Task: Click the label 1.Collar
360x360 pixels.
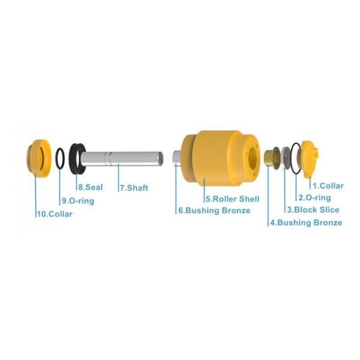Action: [x=328, y=186]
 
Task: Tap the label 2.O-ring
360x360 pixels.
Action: [x=314, y=197]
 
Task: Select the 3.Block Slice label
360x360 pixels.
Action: [x=313, y=209]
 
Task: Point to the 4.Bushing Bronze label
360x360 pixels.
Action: [x=306, y=223]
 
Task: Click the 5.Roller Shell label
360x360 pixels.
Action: [x=233, y=199]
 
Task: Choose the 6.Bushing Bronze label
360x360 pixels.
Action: [x=214, y=211]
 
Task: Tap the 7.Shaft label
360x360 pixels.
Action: [x=134, y=188]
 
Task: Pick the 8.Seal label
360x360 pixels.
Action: [x=91, y=187]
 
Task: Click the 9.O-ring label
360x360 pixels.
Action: [x=78, y=201]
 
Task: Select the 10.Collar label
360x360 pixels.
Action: [x=55, y=214]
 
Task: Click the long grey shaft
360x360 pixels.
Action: [x=122, y=158]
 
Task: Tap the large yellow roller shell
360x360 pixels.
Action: [x=220, y=158]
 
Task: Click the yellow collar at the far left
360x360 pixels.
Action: [x=38, y=158]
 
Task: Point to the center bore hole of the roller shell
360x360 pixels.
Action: [x=253, y=157]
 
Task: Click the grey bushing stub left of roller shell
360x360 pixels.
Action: [x=177, y=157]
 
